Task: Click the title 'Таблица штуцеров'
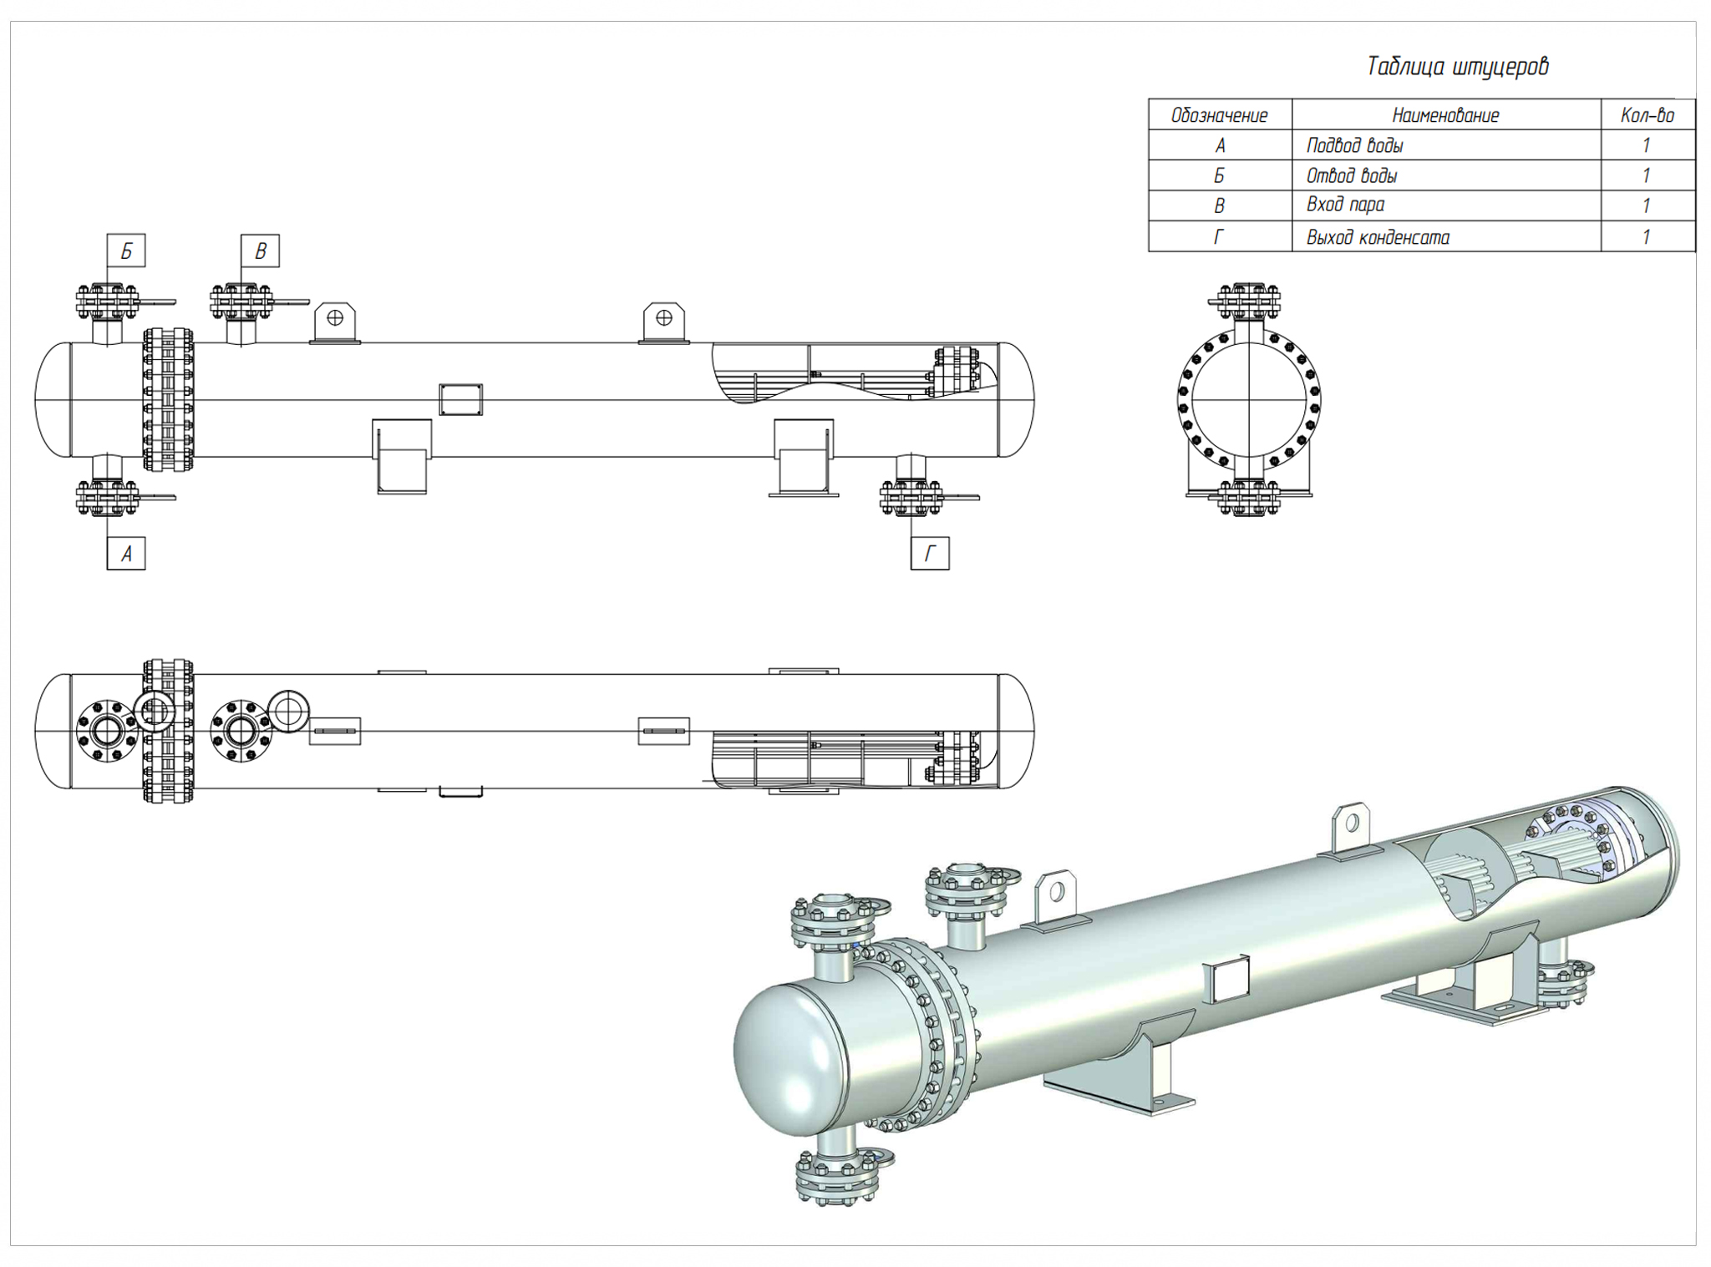click(1457, 67)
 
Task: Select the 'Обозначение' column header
click(1219, 115)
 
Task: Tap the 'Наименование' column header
click(1445, 115)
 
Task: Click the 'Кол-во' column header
click(1647, 115)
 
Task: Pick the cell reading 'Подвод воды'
click(1354, 146)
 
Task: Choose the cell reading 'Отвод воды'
click(1351, 176)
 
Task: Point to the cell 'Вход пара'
click(1345, 205)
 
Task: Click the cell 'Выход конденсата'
click(1378, 237)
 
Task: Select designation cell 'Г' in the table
click(1219, 237)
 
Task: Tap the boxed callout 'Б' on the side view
click(126, 251)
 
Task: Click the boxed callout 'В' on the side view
click(260, 251)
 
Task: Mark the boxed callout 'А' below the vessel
click(126, 553)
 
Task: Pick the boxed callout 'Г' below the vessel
click(929, 553)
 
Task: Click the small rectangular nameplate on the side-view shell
click(460, 399)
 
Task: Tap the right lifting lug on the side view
click(664, 322)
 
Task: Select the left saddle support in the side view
click(402, 455)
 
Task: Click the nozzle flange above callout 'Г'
click(911, 498)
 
